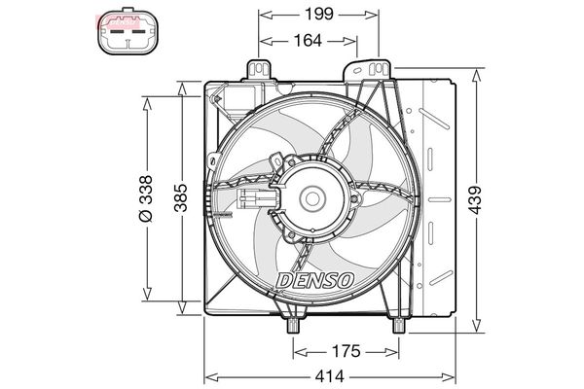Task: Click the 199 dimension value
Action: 319,15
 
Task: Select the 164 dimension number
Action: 308,40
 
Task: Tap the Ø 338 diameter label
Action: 146,198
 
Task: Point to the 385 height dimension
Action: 181,197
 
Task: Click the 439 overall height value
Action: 475,200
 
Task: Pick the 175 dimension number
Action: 347,351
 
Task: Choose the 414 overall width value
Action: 330,376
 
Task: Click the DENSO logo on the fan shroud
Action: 315,280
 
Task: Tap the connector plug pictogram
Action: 128,32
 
